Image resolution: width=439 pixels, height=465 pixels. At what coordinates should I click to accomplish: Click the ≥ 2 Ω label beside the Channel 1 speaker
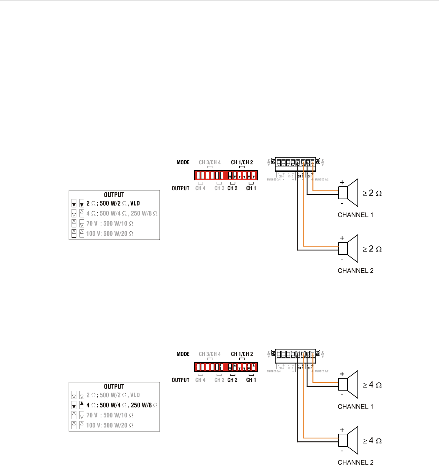(372, 193)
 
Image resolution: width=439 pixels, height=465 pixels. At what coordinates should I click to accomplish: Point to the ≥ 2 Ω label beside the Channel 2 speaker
(372, 249)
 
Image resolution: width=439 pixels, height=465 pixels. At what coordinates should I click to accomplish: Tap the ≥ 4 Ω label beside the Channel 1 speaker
(372, 385)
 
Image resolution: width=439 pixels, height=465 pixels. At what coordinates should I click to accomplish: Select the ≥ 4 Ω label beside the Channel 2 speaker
(372, 441)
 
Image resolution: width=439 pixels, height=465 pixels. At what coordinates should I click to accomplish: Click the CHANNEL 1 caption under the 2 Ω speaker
(355, 215)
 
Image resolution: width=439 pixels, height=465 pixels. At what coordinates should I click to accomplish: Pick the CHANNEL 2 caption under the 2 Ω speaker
(355, 271)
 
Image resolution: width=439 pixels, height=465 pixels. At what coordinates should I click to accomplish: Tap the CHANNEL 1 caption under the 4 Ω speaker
(355, 407)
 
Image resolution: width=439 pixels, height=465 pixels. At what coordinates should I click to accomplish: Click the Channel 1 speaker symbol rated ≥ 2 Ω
(349, 192)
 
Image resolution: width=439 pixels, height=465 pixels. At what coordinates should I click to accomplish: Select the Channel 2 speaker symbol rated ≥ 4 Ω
(349, 440)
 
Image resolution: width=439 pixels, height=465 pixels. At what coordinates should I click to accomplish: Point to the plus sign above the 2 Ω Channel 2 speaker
(342, 238)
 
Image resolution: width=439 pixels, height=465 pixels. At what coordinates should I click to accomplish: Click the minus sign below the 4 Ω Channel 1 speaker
(342, 395)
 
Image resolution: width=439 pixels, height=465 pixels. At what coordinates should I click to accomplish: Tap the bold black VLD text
(135, 203)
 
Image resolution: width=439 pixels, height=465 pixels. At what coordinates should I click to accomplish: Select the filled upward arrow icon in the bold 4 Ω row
(82, 404)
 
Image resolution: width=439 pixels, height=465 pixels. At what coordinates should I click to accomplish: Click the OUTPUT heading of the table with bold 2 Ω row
(114, 195)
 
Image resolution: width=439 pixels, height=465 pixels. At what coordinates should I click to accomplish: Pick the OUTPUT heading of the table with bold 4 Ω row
(114, 387)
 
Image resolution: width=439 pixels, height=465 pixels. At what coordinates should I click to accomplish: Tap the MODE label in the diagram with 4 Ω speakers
(183, 354)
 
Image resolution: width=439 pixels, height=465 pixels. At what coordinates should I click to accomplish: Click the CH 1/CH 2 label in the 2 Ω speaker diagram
(242, 162)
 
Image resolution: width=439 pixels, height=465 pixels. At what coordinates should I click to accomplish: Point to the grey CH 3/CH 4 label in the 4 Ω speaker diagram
(210, 354)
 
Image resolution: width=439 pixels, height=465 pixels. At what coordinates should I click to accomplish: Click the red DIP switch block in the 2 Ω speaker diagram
(226, 175)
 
